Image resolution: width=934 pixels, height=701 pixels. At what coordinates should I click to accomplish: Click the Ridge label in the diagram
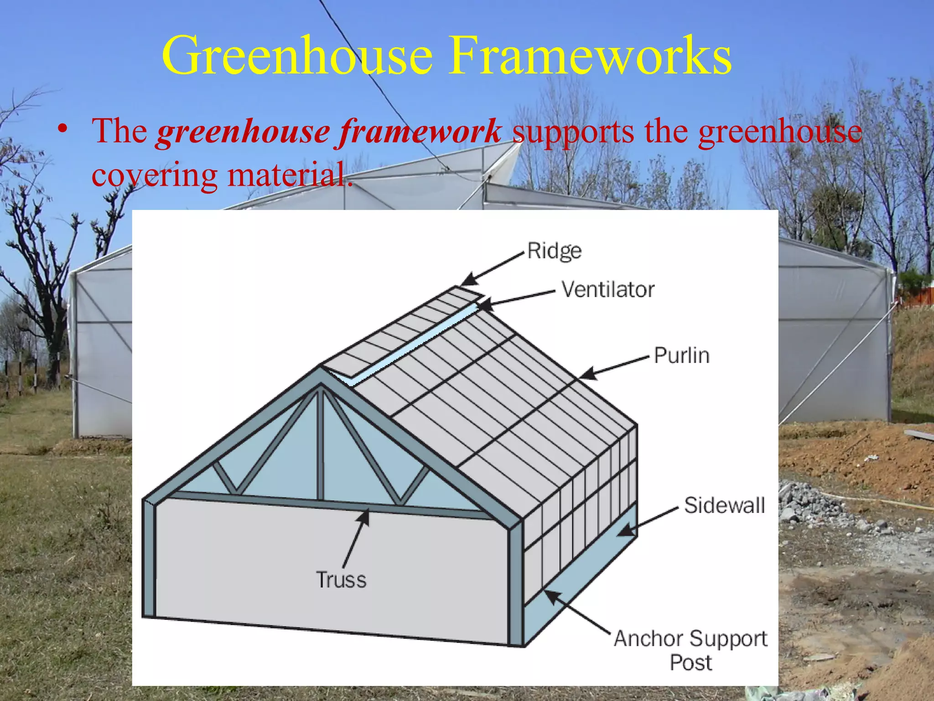pos(554,251)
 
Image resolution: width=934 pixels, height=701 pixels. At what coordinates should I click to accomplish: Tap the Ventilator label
pos(607,289)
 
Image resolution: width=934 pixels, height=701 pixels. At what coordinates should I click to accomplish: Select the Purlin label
pos(681,356)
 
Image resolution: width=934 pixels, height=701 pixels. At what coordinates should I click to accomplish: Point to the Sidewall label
pos(724,506)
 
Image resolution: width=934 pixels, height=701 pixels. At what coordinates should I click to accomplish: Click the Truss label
pos(341,580)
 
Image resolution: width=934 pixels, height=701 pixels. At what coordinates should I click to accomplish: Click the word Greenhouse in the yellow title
pos(297,56)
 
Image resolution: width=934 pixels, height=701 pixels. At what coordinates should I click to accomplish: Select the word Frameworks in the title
pos(590,56)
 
